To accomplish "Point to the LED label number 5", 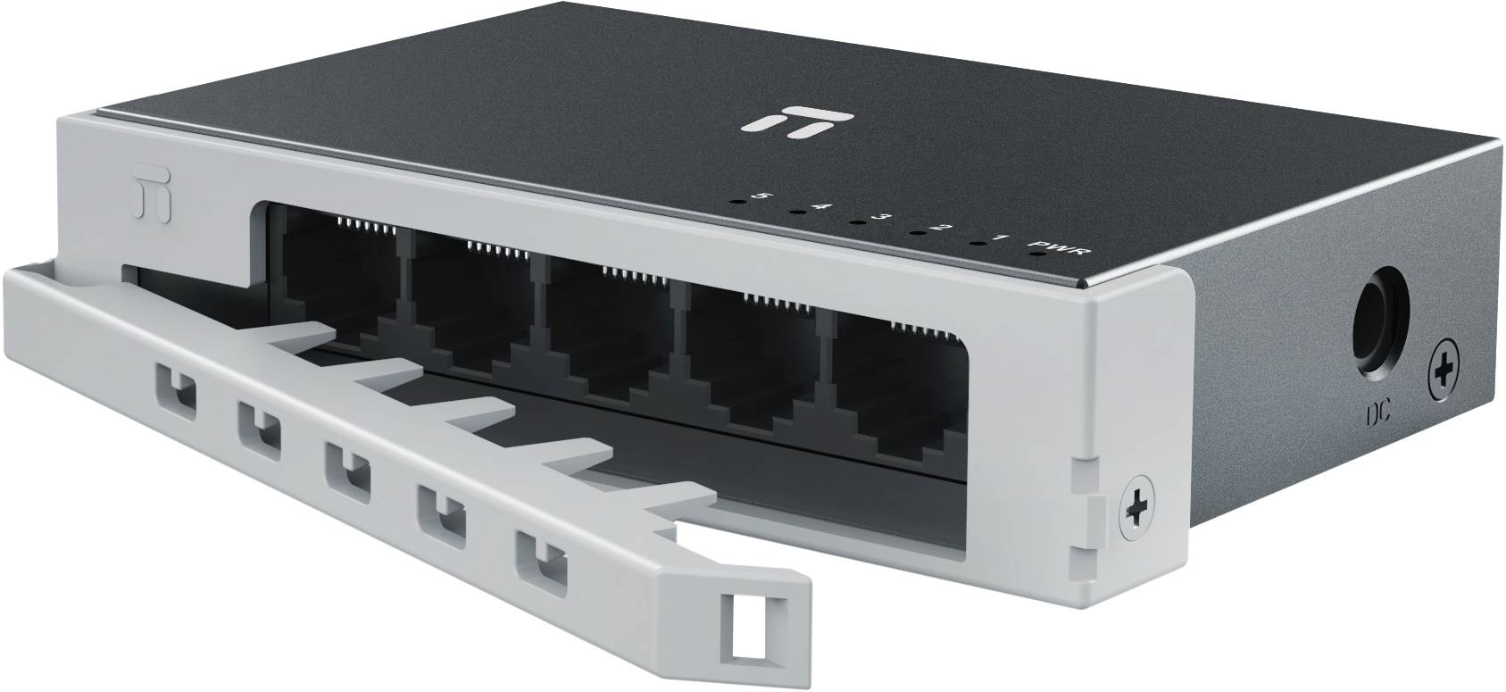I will click(x=761, y=196).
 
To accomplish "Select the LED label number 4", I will click(x=818, y=207).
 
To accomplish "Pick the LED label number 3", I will click(x=878, y=217).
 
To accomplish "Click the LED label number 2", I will click(x=937, y=228).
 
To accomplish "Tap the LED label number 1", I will click(x=1000, y=238).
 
